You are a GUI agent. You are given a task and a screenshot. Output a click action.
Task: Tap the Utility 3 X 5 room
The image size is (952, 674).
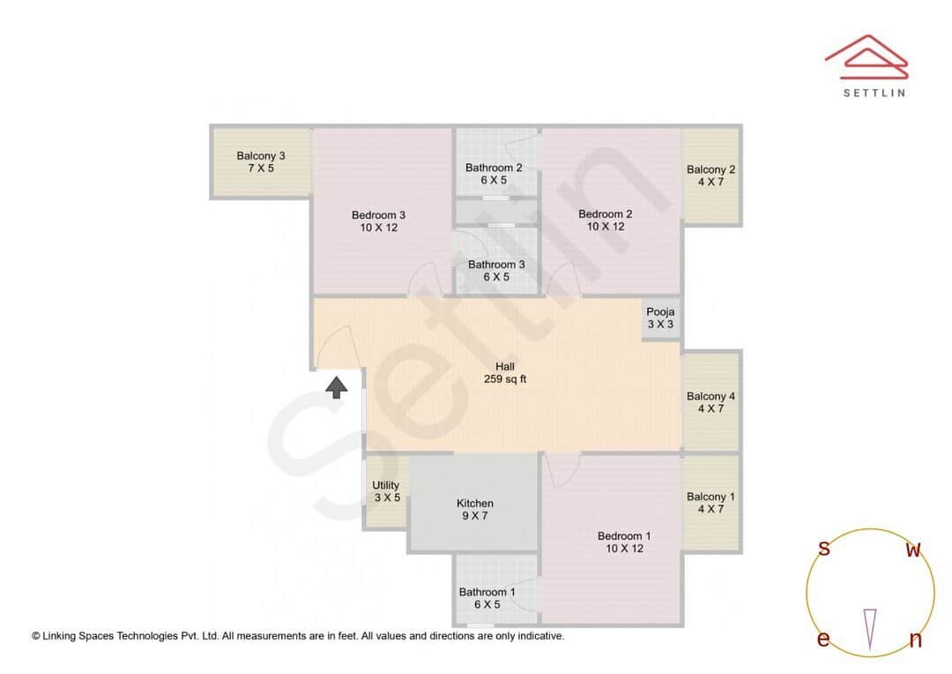(x=386, y=492)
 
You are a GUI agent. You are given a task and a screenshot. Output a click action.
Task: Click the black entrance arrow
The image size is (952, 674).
(x=336, y=386)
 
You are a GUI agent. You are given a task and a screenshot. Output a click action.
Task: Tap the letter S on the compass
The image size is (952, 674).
(x=824, y=549)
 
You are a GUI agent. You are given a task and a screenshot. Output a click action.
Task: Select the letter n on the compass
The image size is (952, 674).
(x=915, y=640)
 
